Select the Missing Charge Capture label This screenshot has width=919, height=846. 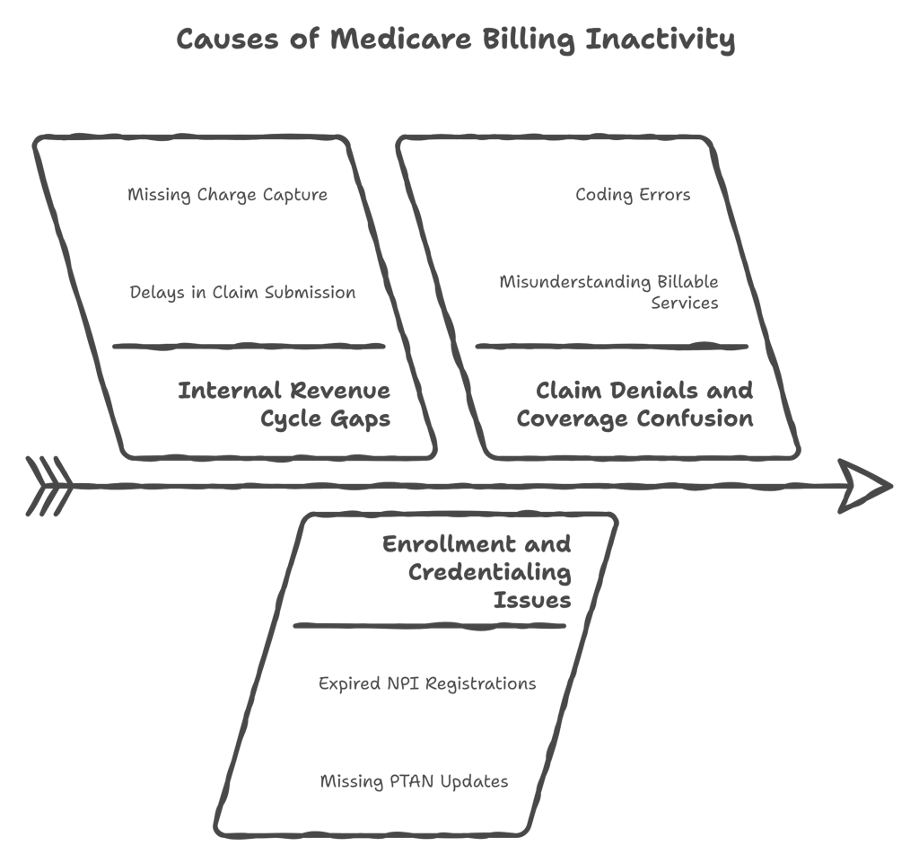[x=227, y=195]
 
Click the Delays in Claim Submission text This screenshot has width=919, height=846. [x=242, y=293]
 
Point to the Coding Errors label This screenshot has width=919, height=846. [x=633, y=195]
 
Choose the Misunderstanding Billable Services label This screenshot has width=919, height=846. [x=609, y=292]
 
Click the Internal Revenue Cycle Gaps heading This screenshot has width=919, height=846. [x=284, y=404]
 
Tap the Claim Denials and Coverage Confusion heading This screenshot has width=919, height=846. [x=635, y=404]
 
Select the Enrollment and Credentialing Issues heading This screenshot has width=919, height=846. [x=477, y=571]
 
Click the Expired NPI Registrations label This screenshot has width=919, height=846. [x=427, y=683]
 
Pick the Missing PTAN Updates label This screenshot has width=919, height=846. [x=414, y=781]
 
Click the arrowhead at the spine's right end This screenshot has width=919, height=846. [x=865, y=487]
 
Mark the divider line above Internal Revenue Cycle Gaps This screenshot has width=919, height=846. [x=249, y=346]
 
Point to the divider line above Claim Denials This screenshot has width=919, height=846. [x=612, y=346]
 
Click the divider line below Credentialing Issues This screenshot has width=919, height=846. [x=430, y=626]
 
